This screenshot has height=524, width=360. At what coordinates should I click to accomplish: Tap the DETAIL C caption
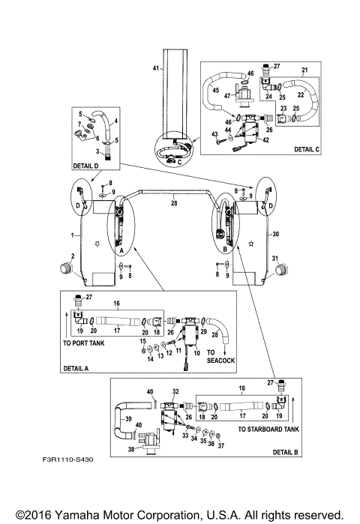[x=305, y=149]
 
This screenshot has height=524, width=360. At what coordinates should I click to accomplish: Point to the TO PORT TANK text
[x=84, y=343]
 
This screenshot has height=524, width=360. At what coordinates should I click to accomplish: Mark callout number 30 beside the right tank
[x=275, y=235]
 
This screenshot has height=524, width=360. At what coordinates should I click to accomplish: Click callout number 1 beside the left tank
[x=72, y=235]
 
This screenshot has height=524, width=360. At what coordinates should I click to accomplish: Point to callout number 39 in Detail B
[x=127, y=419]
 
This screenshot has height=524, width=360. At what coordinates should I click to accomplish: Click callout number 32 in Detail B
[x=175, y=391]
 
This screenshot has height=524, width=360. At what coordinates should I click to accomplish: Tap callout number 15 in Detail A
[x=143, y=341]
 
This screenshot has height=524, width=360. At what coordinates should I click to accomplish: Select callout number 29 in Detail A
[x=203, y=330]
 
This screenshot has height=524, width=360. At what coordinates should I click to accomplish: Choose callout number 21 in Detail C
[x=305, y=70]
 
